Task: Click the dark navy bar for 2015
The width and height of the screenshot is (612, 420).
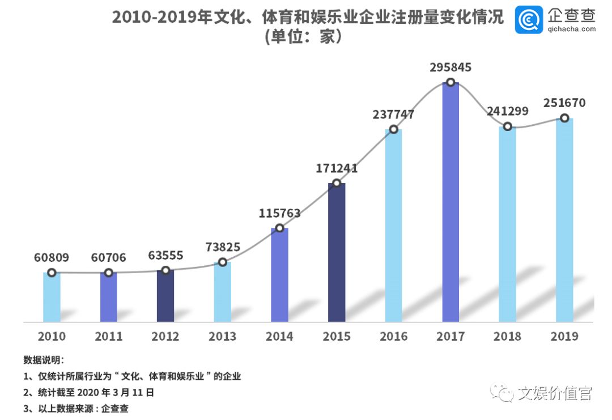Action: tap(337, 253)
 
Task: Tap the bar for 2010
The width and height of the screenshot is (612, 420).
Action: tap(52, 297)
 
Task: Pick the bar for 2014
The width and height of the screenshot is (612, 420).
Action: tap(279, 275)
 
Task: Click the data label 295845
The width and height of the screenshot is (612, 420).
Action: tap(450, 67)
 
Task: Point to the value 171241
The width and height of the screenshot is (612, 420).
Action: tap(337, 168)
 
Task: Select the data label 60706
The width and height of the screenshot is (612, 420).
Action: tap(109, 258)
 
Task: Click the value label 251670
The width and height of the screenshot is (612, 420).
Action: tap(564, 103)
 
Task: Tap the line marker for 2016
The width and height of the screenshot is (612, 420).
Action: tap(393, 129)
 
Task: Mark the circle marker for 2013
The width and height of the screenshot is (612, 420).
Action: tap(223, 262)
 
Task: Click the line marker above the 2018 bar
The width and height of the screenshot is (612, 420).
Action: tap(508, 126)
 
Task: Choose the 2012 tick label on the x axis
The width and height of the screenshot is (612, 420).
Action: tap(165, 336)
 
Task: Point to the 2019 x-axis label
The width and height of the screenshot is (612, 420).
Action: tap(564, 336)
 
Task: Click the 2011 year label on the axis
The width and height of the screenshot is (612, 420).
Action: tap(109, 336)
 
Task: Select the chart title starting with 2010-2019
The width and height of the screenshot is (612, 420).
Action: tap(308, 18)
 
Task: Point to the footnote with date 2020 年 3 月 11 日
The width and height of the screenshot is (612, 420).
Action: tap(88, 392)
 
